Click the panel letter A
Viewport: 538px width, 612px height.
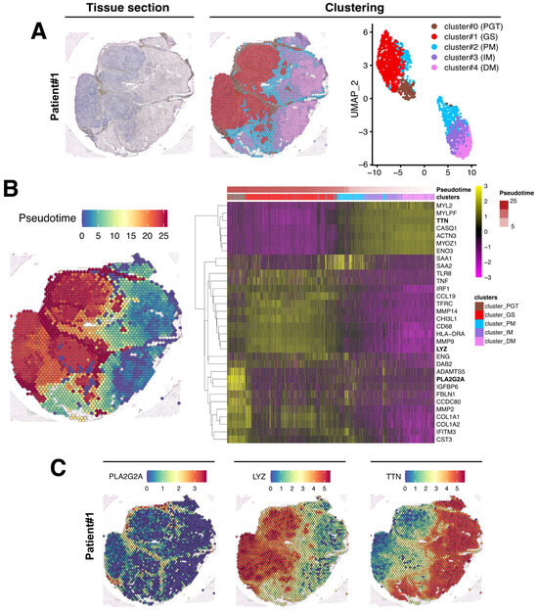click(40, 30)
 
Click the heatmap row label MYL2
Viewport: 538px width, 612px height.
click(445, 206)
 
